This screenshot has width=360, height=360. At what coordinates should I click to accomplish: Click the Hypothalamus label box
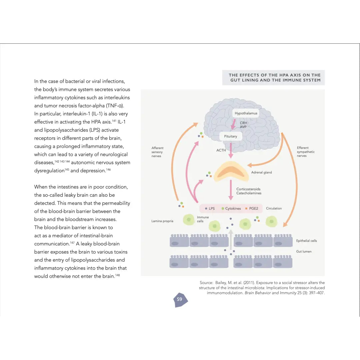[246, 113]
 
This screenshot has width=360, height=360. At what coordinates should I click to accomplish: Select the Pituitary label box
[230, 136]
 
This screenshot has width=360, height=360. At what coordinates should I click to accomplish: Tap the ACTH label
[221, 150]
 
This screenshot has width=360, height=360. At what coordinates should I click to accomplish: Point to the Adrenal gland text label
[261, 172]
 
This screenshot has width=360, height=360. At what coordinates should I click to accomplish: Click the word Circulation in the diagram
[274, 208]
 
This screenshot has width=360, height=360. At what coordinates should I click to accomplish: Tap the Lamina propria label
[162, 221]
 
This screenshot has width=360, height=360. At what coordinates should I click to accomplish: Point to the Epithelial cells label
[306, 241]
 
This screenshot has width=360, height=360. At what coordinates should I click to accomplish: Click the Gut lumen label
[304, 252]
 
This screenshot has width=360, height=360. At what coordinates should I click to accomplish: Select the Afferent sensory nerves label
[158, 152]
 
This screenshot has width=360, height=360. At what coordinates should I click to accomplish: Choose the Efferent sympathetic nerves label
[306, 152]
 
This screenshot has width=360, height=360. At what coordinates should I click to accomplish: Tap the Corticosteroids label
[248, 189]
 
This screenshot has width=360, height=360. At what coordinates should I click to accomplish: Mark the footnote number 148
[117, 275]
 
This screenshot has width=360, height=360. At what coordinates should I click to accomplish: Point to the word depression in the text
[93, 171]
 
